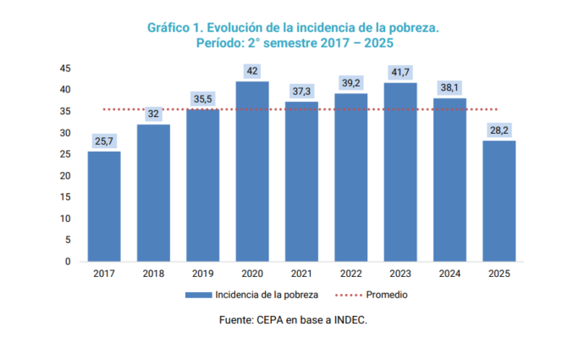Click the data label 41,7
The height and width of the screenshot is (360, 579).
(400, 73)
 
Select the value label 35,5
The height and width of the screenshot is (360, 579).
(203, 99)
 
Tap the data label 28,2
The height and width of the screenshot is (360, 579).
(499, 130)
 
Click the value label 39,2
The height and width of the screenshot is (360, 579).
(351, 84)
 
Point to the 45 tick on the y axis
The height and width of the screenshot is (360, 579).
(65, 68)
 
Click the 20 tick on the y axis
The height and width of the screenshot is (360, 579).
(65, 175)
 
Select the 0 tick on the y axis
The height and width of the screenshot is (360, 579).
(68, 261)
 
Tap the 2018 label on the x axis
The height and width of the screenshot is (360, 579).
(153, 274)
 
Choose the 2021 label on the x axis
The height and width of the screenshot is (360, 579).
(301, 274)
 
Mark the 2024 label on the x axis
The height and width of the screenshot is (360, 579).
(449, 274)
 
